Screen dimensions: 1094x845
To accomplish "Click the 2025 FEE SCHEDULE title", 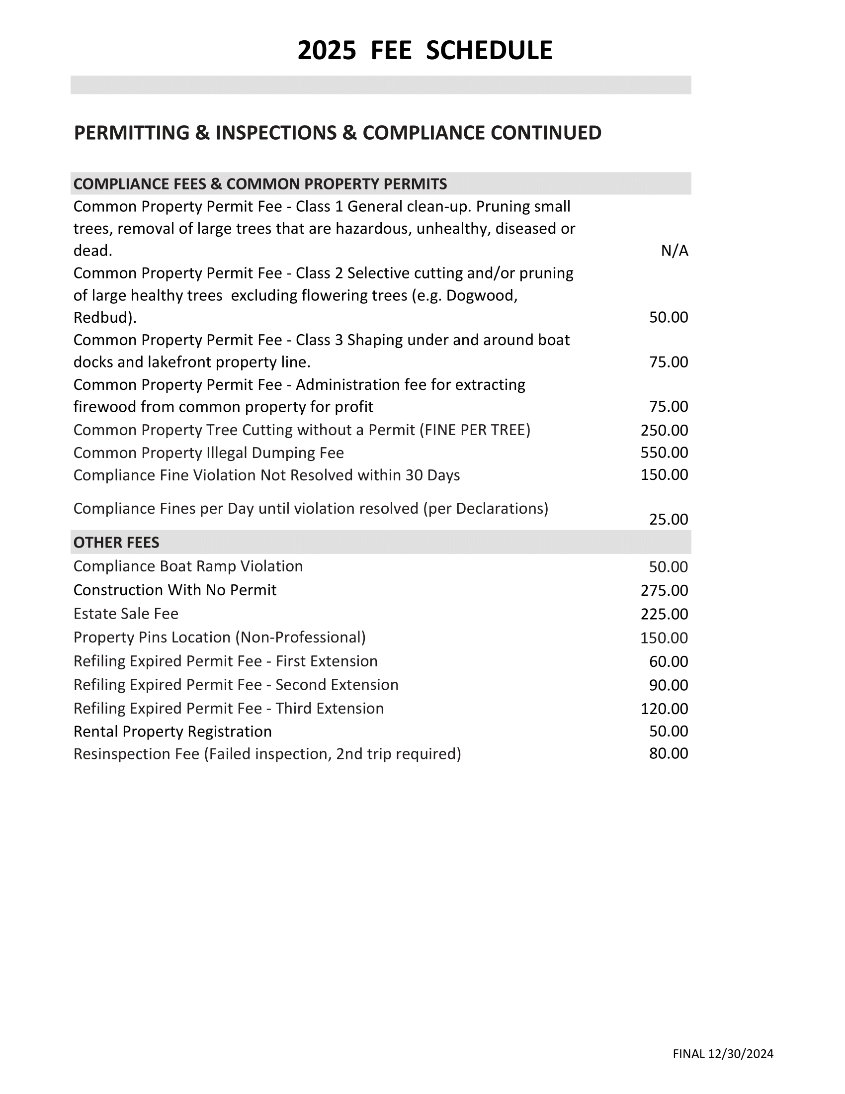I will (424, 51).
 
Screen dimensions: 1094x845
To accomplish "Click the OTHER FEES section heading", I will (116, 543).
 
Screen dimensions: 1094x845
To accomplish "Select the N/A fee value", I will (675, 251).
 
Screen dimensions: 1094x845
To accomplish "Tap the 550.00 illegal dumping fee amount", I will (664, 453).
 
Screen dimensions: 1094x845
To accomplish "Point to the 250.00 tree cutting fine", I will (664, 430).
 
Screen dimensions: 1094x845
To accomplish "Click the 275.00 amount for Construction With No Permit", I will (664, 591).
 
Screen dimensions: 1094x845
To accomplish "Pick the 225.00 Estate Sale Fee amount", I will (664, 614).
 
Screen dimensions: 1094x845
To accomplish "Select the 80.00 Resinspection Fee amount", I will (668, 754).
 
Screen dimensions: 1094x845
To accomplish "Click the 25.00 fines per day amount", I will (668, 520).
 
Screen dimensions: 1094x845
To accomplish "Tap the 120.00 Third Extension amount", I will (664, 709).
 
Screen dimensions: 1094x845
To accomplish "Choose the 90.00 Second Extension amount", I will (668, 685).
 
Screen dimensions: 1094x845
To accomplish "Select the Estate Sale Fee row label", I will (126, 614).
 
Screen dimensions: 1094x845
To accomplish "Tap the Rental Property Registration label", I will (172, 731).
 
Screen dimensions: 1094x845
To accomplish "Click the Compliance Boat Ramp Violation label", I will (188, 566).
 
